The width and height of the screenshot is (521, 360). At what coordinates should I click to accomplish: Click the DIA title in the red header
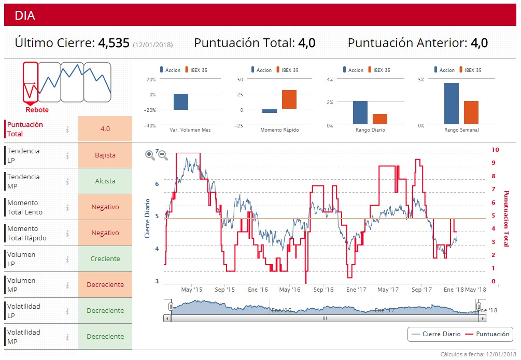click(25, 16)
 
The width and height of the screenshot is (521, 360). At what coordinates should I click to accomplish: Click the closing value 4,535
click(114, 43)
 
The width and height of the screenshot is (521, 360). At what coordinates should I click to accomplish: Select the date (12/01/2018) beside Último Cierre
click(153, 45)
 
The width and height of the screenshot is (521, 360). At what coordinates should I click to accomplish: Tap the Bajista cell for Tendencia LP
click(105, 155)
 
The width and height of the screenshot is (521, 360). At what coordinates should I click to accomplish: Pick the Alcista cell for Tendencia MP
click(105, 181)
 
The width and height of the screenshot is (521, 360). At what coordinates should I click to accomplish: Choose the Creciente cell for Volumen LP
click(105, 258)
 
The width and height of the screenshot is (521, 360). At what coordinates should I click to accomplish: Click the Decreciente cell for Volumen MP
click(105, 284)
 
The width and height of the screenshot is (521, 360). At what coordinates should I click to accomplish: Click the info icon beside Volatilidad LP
click(67, 311)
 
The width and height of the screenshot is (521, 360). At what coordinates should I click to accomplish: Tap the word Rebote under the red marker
click(37, 110)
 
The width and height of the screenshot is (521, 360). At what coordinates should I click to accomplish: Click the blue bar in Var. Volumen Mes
click(181, 102)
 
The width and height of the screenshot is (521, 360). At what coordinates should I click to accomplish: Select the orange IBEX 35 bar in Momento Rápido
click(289, 99)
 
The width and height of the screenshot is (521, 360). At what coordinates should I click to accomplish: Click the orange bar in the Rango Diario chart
click(380, 119)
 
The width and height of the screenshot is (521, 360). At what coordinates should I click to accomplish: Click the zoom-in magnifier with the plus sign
click(150, 154)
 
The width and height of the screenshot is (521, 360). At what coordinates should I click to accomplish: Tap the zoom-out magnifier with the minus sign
click(162, 154)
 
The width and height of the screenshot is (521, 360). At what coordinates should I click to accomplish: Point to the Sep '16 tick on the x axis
click(323, 290)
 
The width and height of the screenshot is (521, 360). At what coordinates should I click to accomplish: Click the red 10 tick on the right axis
click(495, 150)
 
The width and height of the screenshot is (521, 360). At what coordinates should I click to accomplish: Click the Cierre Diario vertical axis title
click(147, 218)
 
